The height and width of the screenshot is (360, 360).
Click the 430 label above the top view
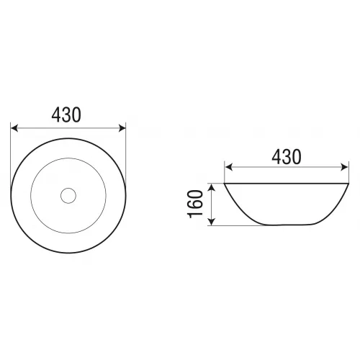click(66, 115)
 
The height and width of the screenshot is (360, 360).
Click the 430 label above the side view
click(287, 157)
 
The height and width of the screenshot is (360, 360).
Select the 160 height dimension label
click(194, 204)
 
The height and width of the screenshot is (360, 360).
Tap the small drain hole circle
click(68, 196)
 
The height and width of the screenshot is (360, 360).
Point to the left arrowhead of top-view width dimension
click(14, 128)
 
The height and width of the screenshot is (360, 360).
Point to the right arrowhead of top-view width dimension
click(122, 128)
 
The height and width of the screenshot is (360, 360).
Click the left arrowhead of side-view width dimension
click(229, 167)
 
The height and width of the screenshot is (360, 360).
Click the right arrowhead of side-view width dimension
click(344, 167)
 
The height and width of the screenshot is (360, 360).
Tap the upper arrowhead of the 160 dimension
click(212, 188)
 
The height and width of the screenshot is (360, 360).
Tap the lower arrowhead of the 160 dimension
click(212, 222)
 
